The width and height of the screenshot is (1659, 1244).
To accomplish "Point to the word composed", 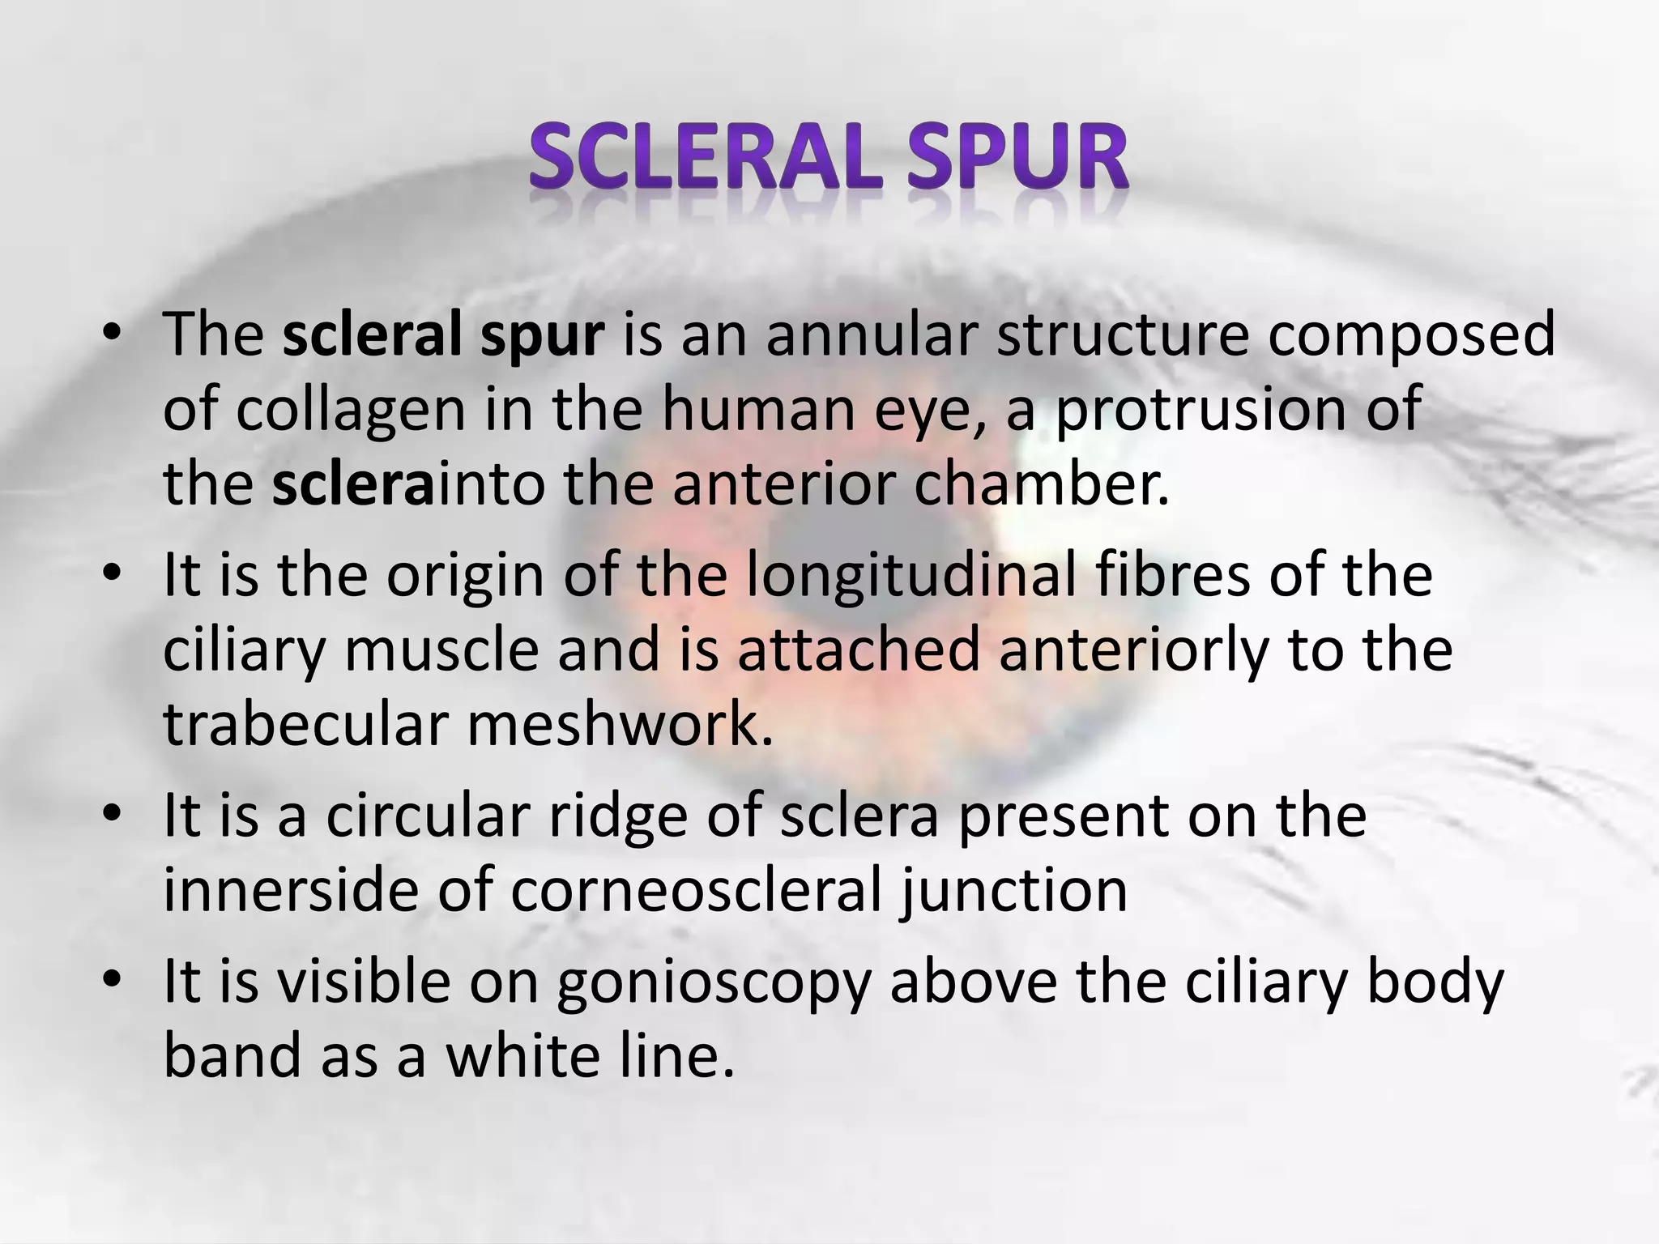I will tap(1410, 335).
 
